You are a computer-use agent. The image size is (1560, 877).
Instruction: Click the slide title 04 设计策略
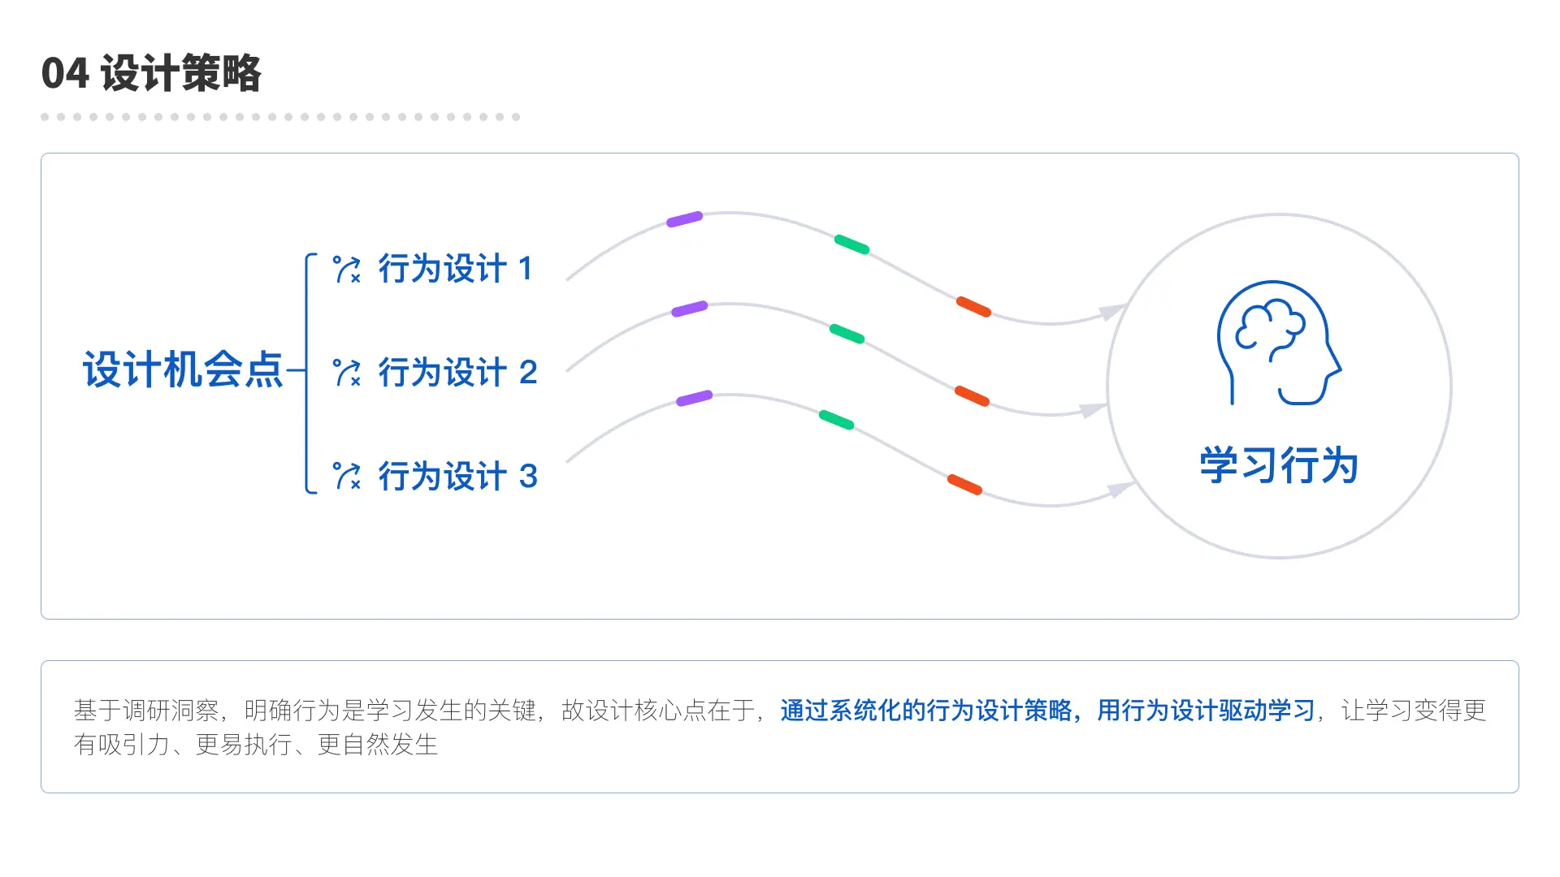151,73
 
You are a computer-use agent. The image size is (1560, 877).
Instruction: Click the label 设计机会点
183,369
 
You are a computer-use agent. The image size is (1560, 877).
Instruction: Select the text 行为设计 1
456,269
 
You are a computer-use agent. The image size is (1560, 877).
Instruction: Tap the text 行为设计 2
457,373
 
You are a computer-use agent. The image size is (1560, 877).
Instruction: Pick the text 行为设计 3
457,476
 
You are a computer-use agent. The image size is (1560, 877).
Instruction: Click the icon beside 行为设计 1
347,270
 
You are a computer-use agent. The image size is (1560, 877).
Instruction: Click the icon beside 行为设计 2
347,373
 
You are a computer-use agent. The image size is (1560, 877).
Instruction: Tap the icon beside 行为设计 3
347,476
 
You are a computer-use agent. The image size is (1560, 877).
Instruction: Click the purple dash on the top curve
684,219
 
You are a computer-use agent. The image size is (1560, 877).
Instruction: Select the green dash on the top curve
851,244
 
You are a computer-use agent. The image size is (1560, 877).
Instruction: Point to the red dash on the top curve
973,307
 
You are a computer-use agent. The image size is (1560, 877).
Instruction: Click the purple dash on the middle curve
690,309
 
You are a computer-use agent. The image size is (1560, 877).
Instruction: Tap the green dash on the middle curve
847,334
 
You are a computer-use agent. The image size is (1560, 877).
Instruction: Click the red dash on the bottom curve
964,485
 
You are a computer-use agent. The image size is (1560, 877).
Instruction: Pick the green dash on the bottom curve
836,420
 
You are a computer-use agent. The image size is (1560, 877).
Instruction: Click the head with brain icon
1278,343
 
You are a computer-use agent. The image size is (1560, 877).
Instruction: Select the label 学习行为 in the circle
1279,465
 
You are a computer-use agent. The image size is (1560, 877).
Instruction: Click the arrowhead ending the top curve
1113,311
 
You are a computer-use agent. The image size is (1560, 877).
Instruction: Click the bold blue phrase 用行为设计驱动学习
1206,711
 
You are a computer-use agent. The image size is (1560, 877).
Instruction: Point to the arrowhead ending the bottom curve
1122,489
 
